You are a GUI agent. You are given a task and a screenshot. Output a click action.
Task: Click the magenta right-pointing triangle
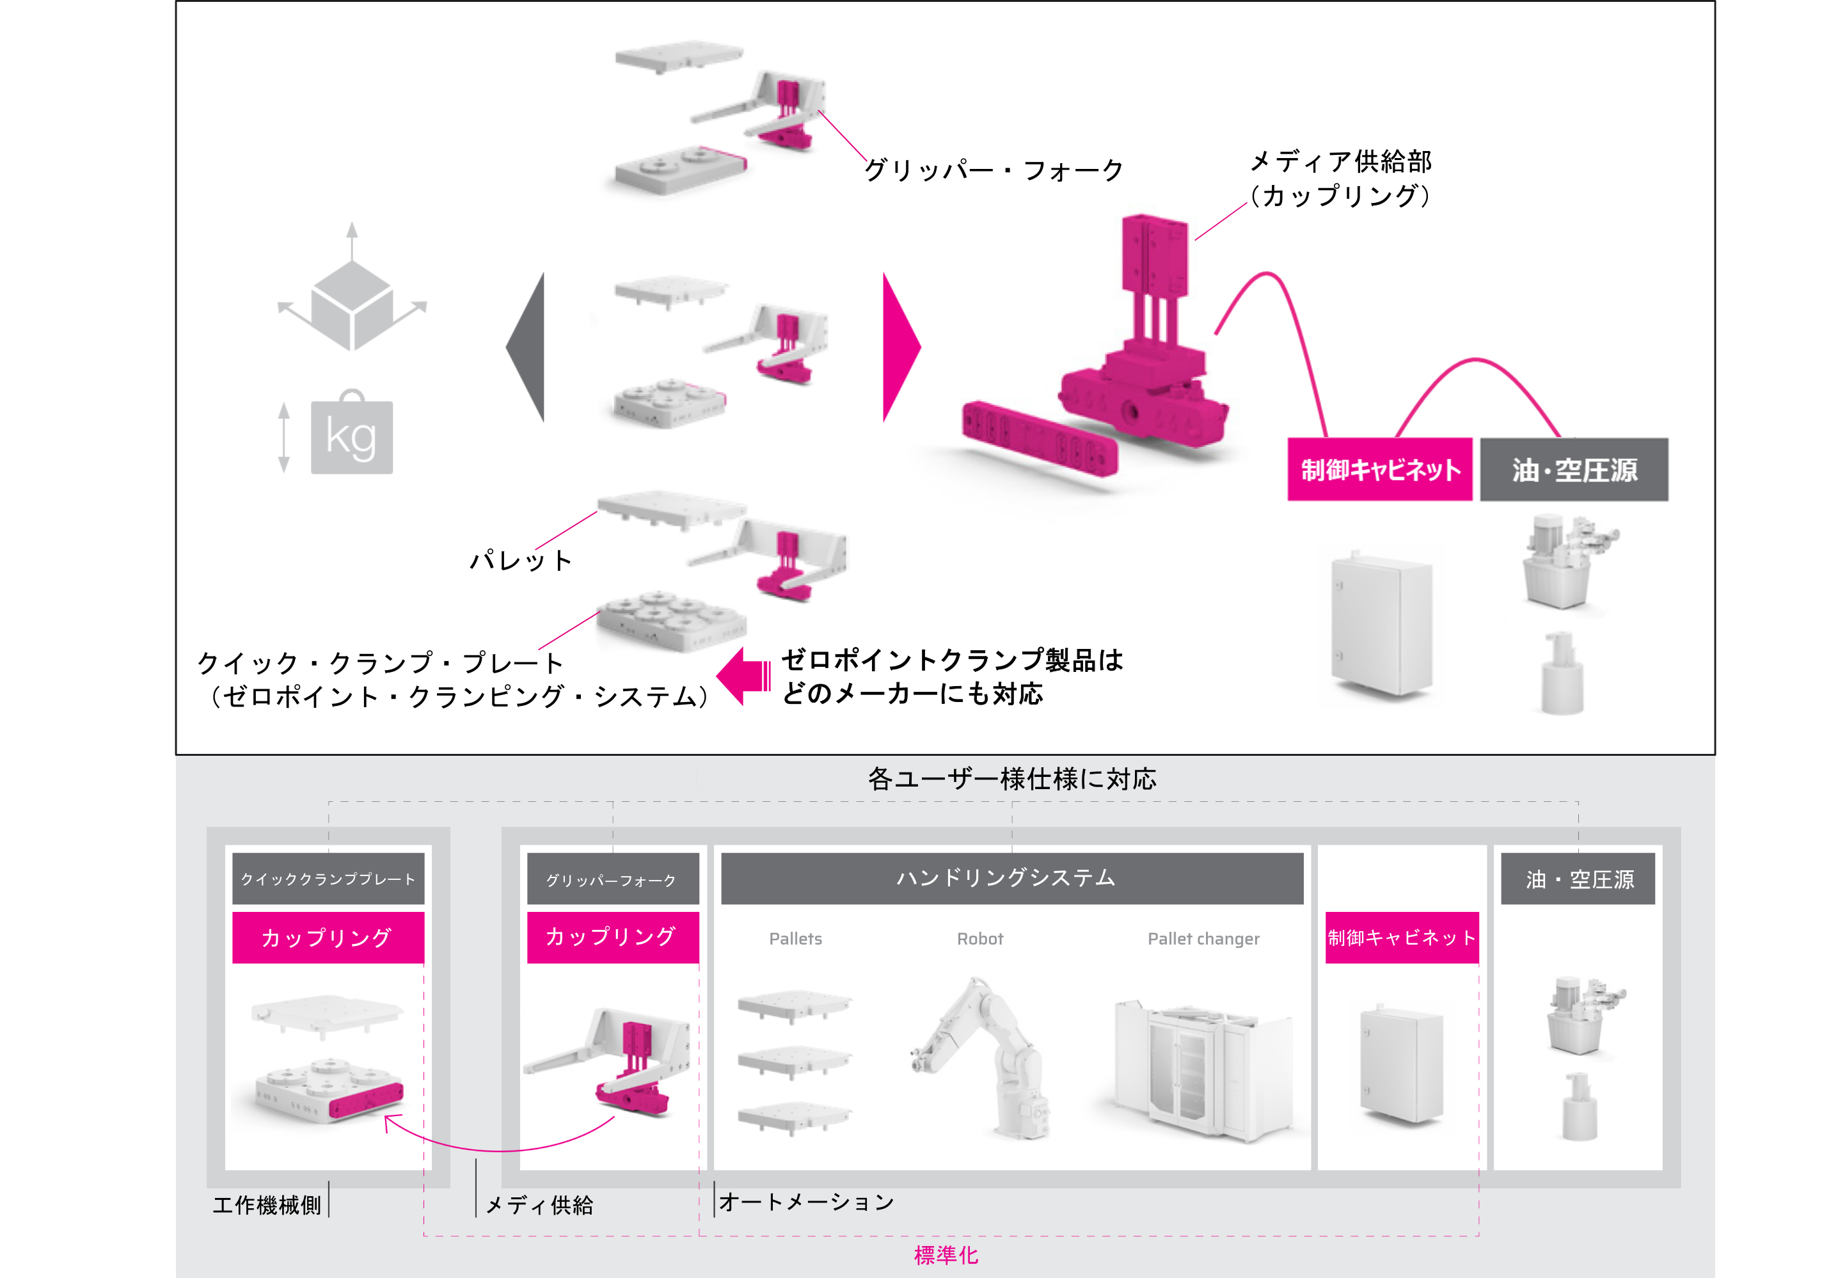click(899, 347)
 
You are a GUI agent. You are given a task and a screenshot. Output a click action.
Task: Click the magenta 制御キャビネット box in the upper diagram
click(1379, 469)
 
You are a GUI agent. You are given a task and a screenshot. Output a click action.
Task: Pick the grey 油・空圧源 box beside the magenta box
click(1574, 469)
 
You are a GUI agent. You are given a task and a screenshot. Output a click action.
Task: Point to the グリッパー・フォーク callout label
click(994, 170)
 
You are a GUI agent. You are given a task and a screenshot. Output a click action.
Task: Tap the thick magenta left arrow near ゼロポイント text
click(743, 676)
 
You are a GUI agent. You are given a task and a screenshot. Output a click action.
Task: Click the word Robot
click(980, 938)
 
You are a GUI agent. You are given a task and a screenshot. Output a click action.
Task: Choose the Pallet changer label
click(1203, 938)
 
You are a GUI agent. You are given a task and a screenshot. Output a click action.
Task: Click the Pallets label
click(795, 938)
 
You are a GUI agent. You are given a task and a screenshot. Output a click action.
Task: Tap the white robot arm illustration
click(985, 1057)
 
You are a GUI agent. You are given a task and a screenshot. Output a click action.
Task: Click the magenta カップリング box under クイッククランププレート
click(328, 937)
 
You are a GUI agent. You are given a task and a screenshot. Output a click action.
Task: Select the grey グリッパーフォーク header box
click(612, 879)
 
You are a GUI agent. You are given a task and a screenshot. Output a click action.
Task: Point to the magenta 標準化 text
click(946, 1255)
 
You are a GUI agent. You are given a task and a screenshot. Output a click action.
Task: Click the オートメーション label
click(806, 1202)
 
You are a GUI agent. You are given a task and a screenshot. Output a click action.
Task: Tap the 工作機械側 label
click(267, 1205)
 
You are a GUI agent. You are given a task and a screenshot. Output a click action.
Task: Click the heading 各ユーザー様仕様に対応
click(1012, 778)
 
